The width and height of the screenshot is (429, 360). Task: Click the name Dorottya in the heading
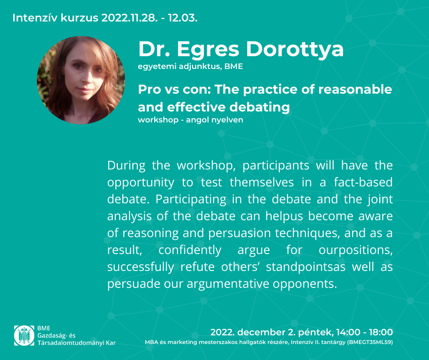click(295, 50)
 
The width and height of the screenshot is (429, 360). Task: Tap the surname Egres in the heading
click(208, 50)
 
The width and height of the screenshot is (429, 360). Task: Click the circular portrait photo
click(81, 80)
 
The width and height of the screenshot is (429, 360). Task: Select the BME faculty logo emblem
click(24, 335)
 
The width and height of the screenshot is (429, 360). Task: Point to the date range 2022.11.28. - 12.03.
click(149, 18)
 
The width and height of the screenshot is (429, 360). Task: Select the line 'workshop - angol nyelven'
click(190, 120)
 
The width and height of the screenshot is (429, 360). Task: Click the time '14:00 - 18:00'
click(365, 332)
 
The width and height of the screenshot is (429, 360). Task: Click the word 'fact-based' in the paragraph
click(363, 182)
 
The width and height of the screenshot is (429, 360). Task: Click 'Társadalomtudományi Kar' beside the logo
click(77, 343)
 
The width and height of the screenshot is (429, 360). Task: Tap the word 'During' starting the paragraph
click(126, 166)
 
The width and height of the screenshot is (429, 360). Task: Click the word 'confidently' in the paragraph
click(190, 250)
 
